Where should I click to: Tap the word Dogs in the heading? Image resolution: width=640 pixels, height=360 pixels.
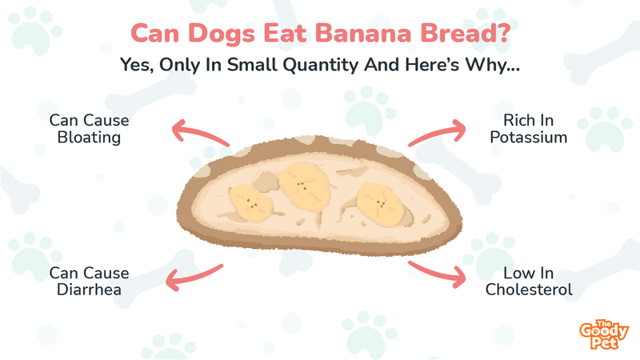[222, 34]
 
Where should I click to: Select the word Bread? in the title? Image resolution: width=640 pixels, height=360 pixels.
[465, 33]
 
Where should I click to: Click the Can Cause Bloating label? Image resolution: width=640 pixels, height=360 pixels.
[89, 129]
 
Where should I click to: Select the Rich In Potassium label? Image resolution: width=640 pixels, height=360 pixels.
[529, 129]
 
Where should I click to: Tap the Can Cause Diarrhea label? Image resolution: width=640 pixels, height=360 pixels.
[89, 282]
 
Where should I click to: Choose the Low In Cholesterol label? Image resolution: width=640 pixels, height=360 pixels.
[529, 282]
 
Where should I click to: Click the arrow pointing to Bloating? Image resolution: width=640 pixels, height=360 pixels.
[198, 131]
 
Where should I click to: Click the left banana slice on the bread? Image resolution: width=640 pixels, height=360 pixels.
[250, 203]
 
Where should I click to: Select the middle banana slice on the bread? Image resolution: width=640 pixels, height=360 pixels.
[305, 186]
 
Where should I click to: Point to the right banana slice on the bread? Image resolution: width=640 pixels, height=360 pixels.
[380, 204]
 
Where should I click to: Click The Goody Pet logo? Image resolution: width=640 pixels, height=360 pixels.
[604, 334]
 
